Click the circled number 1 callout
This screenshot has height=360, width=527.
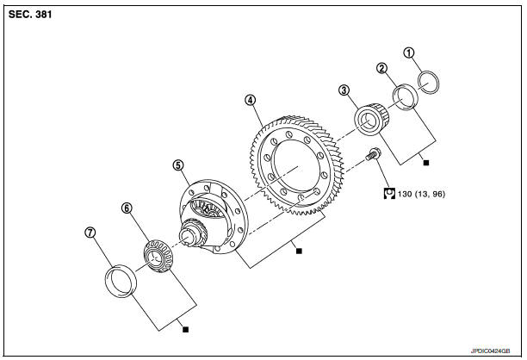(x=409, y=53)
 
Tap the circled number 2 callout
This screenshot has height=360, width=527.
(x=381, y=69)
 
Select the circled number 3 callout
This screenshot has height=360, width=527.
(x=344, y=90)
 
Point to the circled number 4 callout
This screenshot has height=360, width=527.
(x=251, y=100)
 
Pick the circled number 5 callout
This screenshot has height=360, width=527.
(x=178, y=165)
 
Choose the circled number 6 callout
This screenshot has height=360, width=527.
(x=127, y=208)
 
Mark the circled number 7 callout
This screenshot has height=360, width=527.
(x=90, y=233)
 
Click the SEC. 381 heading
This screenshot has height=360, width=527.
(x=30, y=15)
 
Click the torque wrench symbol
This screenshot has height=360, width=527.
(x=389, y=193)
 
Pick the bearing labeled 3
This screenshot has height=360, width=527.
(x=372, y=119)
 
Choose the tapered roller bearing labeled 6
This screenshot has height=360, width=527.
(x=158, y=256)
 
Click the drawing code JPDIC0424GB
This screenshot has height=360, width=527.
(x=490, y=351)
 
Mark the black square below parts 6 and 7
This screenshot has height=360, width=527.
(x=185, y=329)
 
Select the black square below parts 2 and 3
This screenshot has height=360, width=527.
(x=426, y=163)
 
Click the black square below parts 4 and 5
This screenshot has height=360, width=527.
(x=299, y=251)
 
